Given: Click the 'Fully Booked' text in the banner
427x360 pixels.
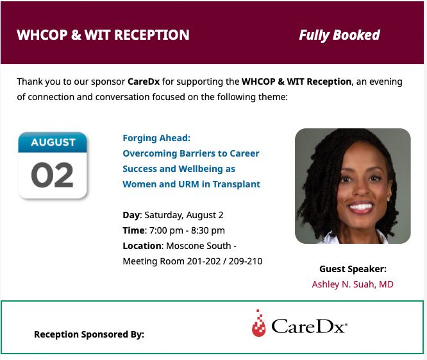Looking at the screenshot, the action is [x=339, y=35].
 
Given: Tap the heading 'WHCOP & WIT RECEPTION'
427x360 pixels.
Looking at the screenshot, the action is [x=103, y=35].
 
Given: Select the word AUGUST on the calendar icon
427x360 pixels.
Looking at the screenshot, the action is [x=53, y=142].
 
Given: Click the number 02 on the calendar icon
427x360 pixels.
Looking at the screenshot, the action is [x=52, y=175].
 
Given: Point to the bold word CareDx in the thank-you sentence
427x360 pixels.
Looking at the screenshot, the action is [x=144, y=81].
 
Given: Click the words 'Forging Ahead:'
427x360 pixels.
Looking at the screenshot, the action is [x=156, y=138].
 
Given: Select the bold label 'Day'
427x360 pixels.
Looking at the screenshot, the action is [x=131, y=215].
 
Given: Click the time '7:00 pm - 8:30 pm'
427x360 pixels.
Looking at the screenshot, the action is [x=187, y=230].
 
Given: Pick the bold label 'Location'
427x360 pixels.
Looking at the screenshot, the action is [x=142, y=246].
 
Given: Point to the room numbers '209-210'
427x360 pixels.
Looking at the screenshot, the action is [x=246, y=261].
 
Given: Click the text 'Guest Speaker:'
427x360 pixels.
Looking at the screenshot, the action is [x=353, y=269].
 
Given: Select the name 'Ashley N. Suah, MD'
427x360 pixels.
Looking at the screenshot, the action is [x=353, y=284].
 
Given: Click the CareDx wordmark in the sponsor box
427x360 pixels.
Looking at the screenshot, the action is [x=309, y=326].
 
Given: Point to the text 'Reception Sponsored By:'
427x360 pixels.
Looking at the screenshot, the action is [x=89, y=334].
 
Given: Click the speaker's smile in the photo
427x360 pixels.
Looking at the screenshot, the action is [x=361, y=207].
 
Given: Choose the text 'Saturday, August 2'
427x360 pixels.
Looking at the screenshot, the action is [x=184, y=215].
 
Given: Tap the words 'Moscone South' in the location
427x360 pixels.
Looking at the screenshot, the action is [x=199, y=246].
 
